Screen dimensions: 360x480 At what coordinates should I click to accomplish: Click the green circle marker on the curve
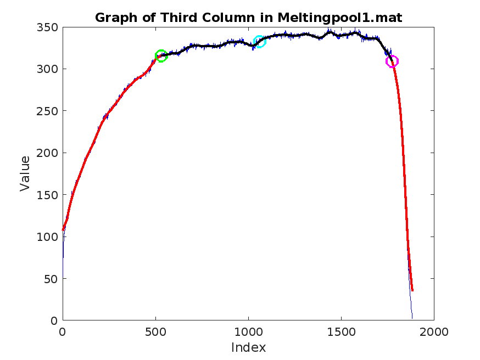click(161, 55)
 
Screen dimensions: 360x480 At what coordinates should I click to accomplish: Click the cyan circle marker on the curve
click(259, 41)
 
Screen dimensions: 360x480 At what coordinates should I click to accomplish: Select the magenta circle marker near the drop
click(392, 61)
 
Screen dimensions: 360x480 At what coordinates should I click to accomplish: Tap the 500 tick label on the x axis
click(155, 331)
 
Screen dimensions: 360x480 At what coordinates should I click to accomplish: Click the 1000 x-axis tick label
click(248, 331)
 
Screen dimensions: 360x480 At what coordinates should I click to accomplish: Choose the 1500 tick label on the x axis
click(341, 331)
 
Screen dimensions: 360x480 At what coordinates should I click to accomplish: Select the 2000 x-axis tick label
click(434, 331)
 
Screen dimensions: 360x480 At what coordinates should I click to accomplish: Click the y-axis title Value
click(25, 173)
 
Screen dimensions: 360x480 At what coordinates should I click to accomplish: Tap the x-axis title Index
click(248, 347)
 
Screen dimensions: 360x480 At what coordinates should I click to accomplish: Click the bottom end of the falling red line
click(412, 290)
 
